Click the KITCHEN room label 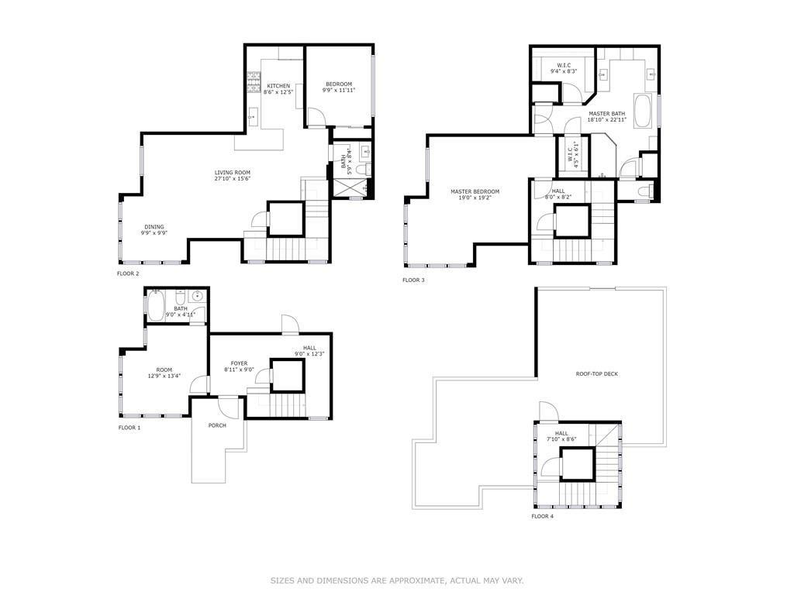[278, 86]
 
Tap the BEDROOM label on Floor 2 [338, 84]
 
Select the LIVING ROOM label [233, 173]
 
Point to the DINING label [154, 227]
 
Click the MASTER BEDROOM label [475, 191]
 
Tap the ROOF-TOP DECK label [596, 374]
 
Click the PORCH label [217, 425]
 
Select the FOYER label [239, 363]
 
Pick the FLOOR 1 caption [129, 428]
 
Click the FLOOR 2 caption [128, 273]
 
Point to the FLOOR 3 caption [413, 280]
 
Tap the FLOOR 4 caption [542, 516]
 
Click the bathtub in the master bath [643, 111]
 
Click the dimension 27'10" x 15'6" [233, 179]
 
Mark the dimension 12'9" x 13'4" [164, 377]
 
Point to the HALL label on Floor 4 [561, 433]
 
